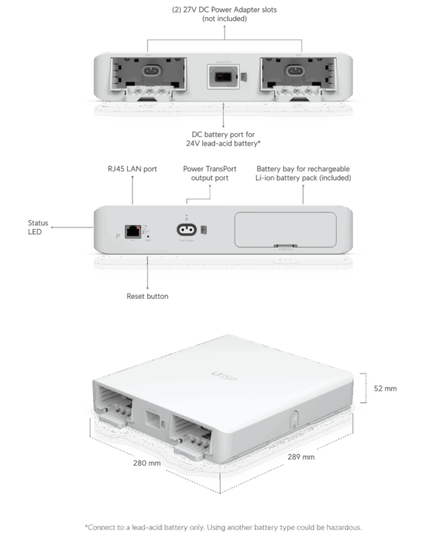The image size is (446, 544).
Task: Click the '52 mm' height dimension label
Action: [385, 389]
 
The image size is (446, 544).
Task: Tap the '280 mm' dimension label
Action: [147, 463]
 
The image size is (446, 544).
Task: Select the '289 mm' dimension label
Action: [301, 457]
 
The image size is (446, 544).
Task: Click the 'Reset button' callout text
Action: [147, 297]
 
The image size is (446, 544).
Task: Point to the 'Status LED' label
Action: [38, 227]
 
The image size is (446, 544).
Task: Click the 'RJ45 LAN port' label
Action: [132, 169]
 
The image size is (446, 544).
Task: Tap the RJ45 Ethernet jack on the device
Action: [133, 231]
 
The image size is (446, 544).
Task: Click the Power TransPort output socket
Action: [187, 230]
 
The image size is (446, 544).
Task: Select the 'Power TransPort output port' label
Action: [210, 173]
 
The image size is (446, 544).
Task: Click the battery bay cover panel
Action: [285, 230]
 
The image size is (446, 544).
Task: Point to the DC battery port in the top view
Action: [223, 77]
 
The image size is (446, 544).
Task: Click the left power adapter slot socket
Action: [152, 71]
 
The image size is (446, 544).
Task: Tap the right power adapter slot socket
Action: [294, 71]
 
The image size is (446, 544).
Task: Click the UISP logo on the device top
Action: [224, 376]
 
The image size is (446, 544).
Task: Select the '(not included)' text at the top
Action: [224, 19]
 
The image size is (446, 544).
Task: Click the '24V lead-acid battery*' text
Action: [223, 143]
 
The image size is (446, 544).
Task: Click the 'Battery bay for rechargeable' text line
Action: [303, 169]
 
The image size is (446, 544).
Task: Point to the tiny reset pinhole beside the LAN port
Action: [148, 236]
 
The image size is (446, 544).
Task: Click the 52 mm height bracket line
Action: [366, 388]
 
